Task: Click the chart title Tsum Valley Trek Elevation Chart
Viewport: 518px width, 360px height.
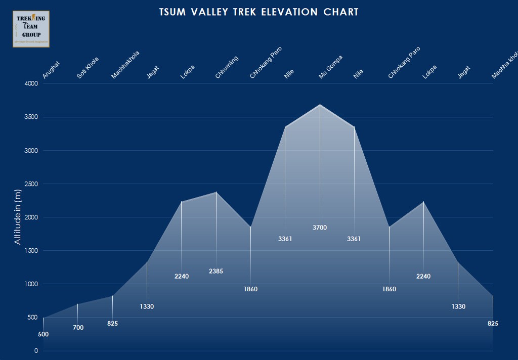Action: (258, 12)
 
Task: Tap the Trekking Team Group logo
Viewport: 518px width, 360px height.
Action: (31, 29)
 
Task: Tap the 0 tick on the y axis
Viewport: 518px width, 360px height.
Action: (36, 351)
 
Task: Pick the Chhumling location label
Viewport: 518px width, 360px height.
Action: (226, 67)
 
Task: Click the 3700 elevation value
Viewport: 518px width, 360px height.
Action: (320, 228)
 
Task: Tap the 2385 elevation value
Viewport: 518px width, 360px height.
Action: (216, 272)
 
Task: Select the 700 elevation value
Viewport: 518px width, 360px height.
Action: (78, 328)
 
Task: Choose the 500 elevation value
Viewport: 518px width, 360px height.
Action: (43, 335)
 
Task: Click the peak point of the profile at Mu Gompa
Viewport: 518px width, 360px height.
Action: (320, 104)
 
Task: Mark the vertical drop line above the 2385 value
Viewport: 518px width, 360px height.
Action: (216, 228)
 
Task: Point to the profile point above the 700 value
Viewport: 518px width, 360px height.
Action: (78, 304)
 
